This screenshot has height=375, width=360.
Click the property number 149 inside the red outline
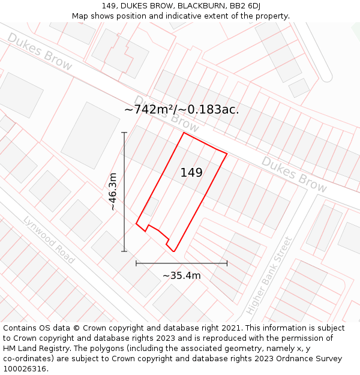191,173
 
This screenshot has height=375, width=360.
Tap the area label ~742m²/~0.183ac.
182,109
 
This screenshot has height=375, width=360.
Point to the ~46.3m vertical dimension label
112,191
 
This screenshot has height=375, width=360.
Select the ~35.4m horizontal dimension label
181,275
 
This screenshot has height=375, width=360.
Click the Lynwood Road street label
49,240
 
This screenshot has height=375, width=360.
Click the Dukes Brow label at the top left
40,52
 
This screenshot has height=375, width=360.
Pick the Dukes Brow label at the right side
294,175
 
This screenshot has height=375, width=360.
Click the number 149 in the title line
110,5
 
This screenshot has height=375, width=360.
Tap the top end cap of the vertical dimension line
124,133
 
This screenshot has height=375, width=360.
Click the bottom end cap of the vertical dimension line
124,251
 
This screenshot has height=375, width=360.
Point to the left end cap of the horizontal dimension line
136,263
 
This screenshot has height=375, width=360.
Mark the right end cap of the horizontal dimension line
227,263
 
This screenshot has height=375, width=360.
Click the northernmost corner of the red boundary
184,133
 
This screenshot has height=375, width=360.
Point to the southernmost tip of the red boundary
174,251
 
